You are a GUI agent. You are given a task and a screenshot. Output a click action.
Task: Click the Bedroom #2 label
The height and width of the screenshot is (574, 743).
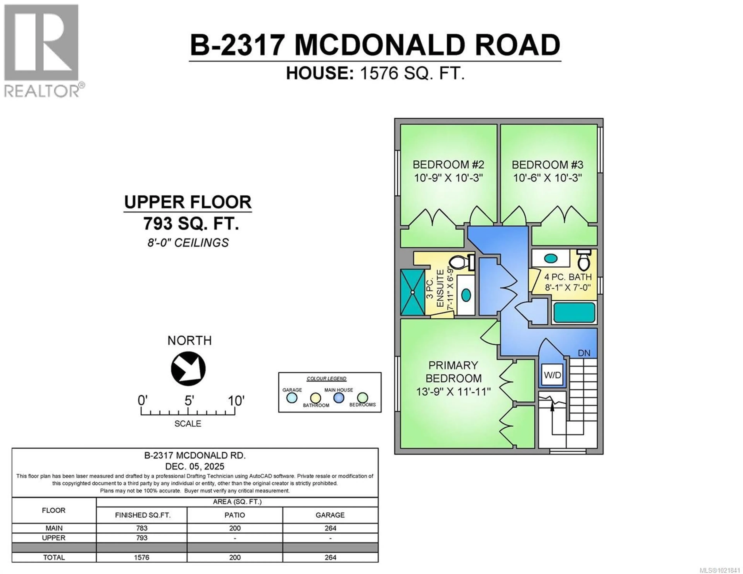pos(448,165)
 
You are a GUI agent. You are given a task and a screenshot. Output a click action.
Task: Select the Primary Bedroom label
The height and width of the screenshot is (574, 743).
pos(453,372)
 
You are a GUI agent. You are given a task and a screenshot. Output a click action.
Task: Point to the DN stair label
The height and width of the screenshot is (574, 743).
pos(584,353)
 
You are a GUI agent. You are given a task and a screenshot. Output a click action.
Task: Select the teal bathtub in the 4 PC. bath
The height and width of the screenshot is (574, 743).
pos(574,312)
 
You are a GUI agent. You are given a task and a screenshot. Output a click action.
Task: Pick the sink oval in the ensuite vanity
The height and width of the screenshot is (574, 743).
pos(466,295)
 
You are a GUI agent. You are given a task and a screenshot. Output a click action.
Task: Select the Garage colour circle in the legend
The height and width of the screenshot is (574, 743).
pos(292,398)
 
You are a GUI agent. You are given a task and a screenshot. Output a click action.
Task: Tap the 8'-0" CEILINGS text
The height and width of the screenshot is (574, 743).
pos(188,243)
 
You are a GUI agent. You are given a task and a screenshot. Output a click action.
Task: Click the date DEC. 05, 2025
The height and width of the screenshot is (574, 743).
pos(195,466)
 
